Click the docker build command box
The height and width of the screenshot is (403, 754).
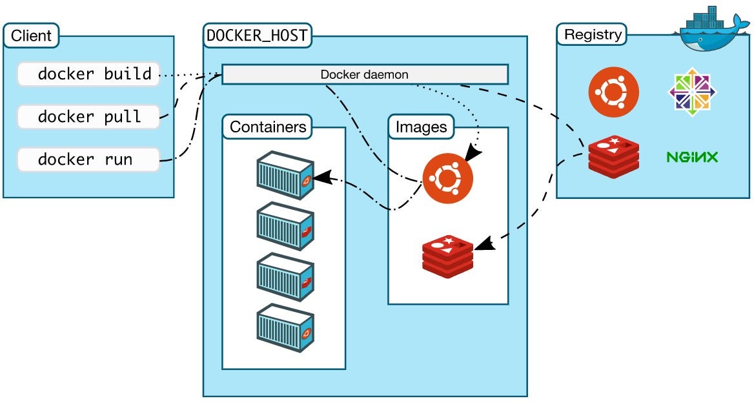(x=88, y=74)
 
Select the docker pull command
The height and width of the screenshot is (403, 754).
(x=88, y=117)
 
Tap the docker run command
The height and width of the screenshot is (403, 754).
(x=88, y=160)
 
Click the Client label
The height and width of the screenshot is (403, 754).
(x=31, y=36)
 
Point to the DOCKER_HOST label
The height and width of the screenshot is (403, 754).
(x=257, y=36)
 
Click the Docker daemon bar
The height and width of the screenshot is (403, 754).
(x=365, y=74)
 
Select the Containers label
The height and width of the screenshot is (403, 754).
(x=267, y=127)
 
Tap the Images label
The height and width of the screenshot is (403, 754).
(x=421, y=127)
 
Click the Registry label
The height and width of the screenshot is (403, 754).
(x=593, y=35)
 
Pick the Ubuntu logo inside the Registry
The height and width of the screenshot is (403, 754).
(x=613, y=92)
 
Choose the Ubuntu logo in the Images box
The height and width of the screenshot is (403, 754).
(x=448, y=178)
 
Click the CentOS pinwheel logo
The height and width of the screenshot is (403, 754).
(x=692, y=92)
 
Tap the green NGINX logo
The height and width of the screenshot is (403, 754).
(x=692, y=157)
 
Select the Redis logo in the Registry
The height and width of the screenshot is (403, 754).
(x=613, y=157)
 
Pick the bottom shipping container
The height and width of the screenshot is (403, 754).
(x=285, y=327)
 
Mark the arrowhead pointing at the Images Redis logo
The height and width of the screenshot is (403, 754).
(x=483, y=245)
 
